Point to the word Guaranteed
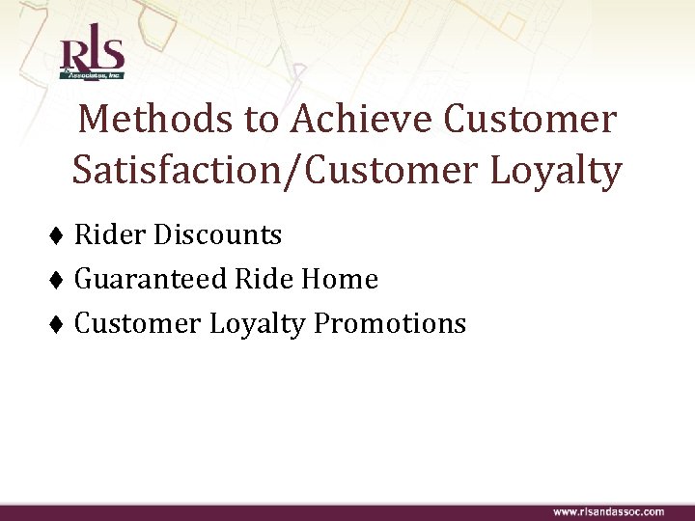pyautogui.click(x=152, y=280)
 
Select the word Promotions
pyautogui.click(x=390, y=323)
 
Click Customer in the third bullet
pyautogui.click(x=136, y=323)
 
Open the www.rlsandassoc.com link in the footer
pyautogui.click(x=608, y=510)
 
